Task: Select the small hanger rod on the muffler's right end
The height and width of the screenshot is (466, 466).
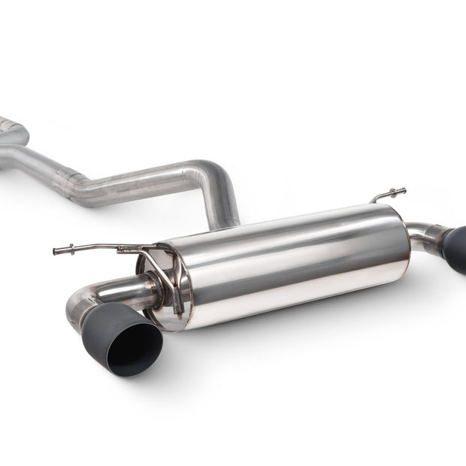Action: [389, 195]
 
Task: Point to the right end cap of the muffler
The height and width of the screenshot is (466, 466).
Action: [407, 241]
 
